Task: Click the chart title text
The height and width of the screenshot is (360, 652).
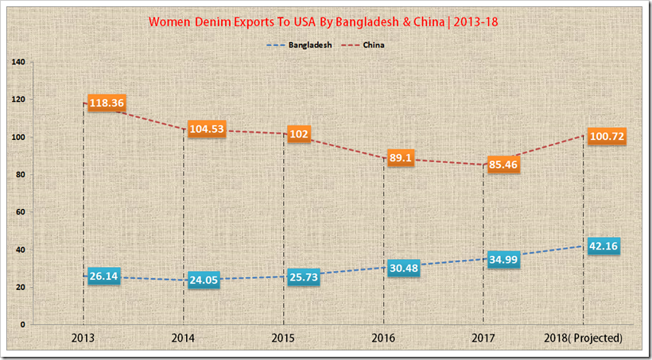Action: point(325,21)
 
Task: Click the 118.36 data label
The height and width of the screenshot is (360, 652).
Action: point(107,103)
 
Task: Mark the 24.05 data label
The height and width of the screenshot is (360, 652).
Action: point(205,279)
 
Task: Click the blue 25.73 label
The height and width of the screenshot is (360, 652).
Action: point(305,276)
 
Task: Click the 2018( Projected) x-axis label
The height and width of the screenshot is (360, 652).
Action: point(583,339)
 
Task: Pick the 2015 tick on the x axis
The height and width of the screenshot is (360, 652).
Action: point(284,339)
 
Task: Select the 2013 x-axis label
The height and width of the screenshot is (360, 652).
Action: point(83,339)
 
